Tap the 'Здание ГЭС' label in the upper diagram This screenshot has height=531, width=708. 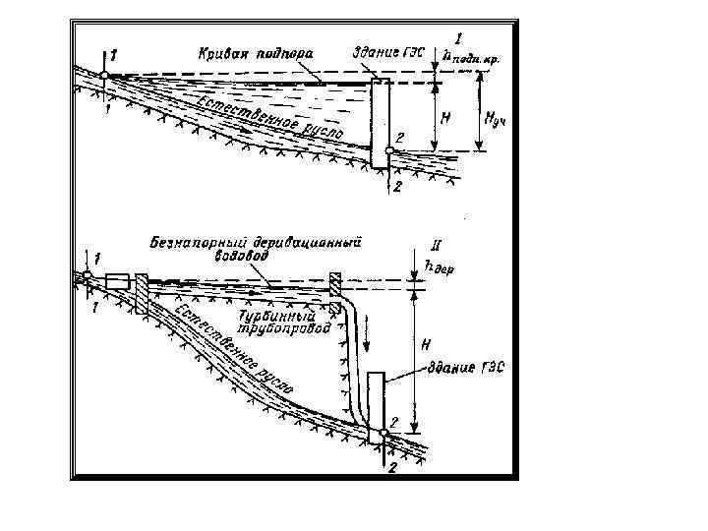coord(387,50)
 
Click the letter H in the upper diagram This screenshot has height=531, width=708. coord(444,117)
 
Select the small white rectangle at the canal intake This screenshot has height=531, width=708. coord(117,280)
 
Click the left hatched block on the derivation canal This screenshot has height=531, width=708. coord(142,293)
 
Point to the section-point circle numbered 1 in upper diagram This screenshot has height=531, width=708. coord(103,76)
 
